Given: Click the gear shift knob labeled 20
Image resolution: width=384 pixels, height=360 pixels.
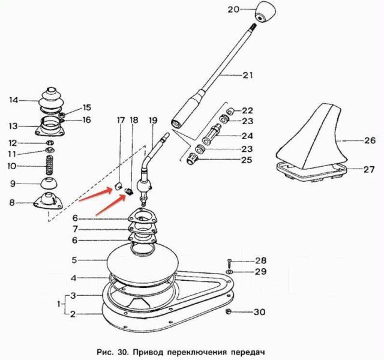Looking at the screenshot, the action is [265, 12].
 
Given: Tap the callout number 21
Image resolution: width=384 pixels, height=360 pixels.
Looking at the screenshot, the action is [248, 75].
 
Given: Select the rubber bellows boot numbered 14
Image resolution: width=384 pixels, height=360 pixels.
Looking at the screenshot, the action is [50, 100].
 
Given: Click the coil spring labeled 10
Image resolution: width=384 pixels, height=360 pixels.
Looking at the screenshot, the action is [50, 166].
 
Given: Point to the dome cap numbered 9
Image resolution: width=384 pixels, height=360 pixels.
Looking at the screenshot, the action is [49, 184].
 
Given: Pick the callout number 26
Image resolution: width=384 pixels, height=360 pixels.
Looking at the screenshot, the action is [370, 140].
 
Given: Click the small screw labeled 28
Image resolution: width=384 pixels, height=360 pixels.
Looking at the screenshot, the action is [229, 263].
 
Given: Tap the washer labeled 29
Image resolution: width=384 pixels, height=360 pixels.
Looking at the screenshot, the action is [230, 272].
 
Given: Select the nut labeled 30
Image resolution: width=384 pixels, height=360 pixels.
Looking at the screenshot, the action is [229, 311].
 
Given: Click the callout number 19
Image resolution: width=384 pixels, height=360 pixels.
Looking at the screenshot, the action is [152, 121].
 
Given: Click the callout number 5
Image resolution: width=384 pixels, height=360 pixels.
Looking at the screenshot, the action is [74, 260].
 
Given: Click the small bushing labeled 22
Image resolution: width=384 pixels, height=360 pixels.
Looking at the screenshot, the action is [230, 112].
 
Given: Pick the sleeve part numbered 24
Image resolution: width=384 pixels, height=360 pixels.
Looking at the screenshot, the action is [212, 134].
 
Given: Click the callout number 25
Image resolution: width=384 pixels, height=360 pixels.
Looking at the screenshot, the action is [247, 160].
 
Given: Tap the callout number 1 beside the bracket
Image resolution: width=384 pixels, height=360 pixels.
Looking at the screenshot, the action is [59, 304].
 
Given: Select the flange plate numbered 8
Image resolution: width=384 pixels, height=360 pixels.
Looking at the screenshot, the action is [48, 200].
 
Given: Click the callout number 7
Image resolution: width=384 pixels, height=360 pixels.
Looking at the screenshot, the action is [76, 229].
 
